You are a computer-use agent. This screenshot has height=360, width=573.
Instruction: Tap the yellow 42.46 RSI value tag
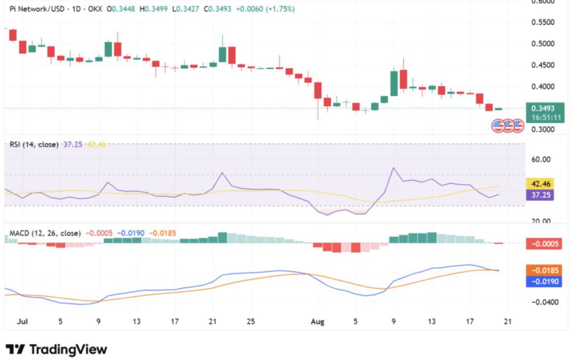tap(540, 183)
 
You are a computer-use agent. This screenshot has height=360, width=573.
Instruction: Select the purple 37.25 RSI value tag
tap(540, 194)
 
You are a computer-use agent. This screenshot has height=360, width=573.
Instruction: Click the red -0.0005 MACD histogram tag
tap(543, 244)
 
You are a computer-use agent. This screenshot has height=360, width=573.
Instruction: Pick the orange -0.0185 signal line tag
tap(543, 270)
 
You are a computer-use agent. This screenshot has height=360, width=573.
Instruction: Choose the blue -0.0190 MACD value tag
tap(543, 282)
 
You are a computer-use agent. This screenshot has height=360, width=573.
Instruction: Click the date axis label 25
tap(251, 321)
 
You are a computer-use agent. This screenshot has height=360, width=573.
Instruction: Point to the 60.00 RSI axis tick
tap(540, 160)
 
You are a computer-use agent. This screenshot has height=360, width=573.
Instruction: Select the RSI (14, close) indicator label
tap(34, 144)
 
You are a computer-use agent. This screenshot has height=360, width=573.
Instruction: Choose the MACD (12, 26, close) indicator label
tap(45, 233)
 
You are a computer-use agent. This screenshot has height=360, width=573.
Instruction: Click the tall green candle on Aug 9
tap(394, 83)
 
